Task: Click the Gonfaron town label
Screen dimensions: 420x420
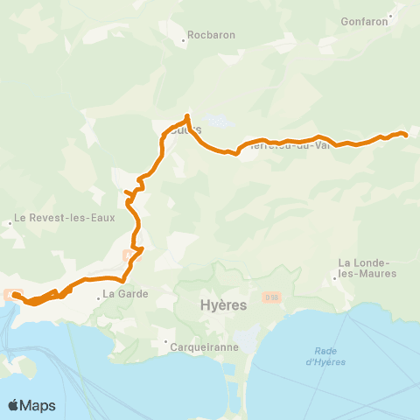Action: (365, 21)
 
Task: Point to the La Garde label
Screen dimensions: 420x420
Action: (126, 294)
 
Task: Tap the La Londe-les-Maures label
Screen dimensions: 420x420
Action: (367, 268)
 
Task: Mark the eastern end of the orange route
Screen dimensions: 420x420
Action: (407, 134)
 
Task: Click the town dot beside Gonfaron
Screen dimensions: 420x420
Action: (393, 13)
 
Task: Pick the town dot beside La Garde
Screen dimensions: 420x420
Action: (99, 295)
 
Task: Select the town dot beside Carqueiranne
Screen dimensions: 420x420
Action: (165, 342)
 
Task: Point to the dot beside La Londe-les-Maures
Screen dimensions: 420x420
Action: (335, 280)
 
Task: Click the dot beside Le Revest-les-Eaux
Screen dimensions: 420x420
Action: (10, 222)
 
